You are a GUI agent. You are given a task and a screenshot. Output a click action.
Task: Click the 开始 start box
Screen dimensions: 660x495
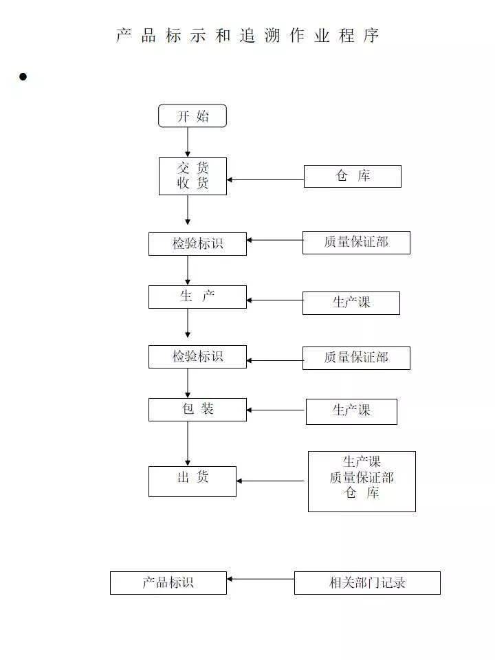point(192,115)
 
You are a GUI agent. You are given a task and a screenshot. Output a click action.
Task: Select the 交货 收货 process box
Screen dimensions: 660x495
point(192,176)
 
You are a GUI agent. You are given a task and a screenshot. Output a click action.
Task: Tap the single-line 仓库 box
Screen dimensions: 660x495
point(352,176)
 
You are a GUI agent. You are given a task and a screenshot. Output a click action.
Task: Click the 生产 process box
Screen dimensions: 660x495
point(197,296)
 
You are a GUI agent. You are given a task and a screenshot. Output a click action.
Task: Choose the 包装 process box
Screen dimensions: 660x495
point(197,409)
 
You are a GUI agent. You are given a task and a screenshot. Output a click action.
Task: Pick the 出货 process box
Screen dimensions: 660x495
point(192,481)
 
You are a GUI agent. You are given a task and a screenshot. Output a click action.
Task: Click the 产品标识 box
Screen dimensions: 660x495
point(168,582)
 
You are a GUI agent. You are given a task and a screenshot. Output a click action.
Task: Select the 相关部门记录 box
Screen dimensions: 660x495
point(367,582)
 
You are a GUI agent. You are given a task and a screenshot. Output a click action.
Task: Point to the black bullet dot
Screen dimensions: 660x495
point(23,76)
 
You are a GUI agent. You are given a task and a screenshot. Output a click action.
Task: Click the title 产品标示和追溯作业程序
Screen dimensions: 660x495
point(247,36)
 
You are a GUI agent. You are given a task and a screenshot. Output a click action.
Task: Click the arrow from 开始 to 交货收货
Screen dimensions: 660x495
point(188,142)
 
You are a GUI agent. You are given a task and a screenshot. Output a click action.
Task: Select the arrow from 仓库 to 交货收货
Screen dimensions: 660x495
point(265,180)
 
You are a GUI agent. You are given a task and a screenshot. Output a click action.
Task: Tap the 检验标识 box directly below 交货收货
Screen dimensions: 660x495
point(197,243)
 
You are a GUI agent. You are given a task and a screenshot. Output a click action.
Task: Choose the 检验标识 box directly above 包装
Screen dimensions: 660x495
point(197,356)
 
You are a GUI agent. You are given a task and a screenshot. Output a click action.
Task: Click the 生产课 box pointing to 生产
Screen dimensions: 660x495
point(351,302)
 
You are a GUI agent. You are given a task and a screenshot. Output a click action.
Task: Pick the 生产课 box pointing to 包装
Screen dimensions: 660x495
point(351,411)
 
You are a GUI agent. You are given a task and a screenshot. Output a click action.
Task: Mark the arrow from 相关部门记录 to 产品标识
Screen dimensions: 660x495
point(261,579)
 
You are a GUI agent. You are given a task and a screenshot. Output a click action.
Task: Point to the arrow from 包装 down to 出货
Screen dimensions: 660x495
point(188,443)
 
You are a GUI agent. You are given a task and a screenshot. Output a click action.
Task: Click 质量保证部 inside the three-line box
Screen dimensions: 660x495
point(362,477)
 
